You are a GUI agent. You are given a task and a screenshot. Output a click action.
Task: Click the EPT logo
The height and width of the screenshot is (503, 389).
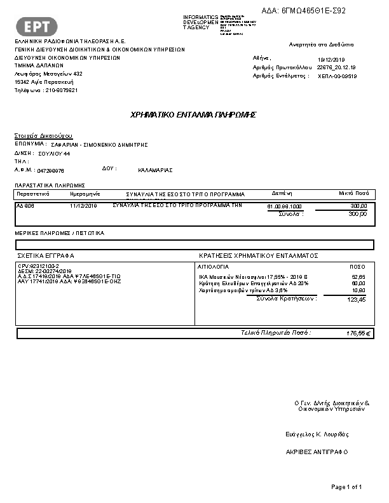pyautogui.click(x=37, y=26)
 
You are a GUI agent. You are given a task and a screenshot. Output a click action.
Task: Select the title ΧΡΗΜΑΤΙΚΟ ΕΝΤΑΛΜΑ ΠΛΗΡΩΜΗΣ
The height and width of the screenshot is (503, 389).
pyautogui.click(x=193, y=115)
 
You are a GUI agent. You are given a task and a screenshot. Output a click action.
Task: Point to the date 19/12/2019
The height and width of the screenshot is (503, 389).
pyautogui.click(x=329, y=59)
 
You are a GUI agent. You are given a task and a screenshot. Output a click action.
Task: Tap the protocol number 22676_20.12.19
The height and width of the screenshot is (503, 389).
pyautogui.click(x=336, y=67)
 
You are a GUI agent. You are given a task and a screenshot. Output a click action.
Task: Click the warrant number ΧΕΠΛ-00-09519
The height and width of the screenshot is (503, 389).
pyautogui.click(x=338, y=76)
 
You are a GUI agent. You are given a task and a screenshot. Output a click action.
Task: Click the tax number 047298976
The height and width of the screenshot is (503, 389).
pyautogui.click(x=51, y=171)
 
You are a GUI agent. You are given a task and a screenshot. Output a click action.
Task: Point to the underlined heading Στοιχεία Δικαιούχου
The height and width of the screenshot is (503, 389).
pyautogui.click(x=43, y=136)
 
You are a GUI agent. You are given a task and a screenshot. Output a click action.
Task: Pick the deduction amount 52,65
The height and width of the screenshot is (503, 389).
pyautogui.click(x=358, y=278)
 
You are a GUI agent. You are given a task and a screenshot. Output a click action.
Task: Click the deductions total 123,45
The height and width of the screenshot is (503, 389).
pyautogui.click(x=357, y=300)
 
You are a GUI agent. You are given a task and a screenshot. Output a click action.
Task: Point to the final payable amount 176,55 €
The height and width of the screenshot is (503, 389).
pyautogui.click(x=359, y=333)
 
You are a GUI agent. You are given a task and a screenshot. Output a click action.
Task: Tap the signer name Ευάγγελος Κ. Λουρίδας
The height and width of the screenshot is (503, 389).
pyautogui.click(x=317, y=434)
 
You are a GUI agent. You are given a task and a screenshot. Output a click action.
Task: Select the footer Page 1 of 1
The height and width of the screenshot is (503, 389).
pyautogui.click(x=346, y=487)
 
